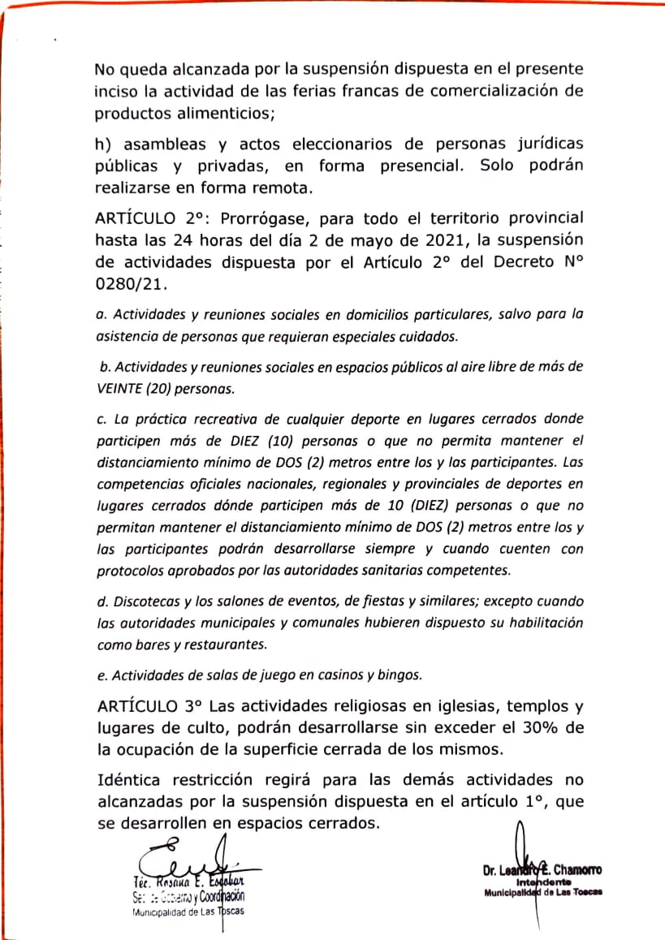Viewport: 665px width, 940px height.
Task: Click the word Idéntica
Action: coord(128,780)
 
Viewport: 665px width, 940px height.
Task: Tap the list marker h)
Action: coord(106,144)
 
